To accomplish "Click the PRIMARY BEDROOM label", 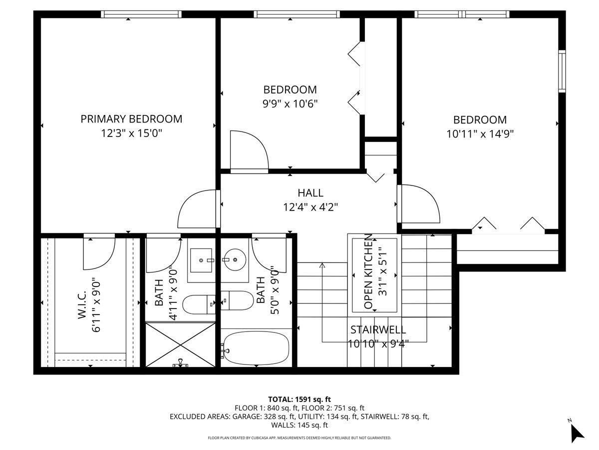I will point(131,119).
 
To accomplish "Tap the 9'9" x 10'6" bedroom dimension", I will point(290,103).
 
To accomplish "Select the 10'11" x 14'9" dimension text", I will point(480,133).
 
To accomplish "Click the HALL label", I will point(310,192).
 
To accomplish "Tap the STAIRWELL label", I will point(377,329).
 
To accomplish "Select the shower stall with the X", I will point(181,344).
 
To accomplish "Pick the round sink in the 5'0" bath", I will point(234,260).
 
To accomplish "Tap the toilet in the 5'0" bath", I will point(238,300).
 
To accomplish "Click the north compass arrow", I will point(577,432).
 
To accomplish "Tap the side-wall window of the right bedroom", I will point(562,71).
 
